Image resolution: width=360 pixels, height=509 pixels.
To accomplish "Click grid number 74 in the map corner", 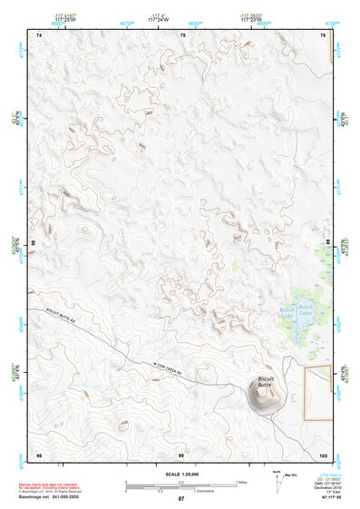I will pyautogui.click(x=39, y=34).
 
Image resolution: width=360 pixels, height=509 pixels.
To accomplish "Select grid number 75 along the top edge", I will pyautogui.click(x=182, y=34).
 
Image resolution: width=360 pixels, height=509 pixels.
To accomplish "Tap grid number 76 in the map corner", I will pyautogui.click(x=324, y=34).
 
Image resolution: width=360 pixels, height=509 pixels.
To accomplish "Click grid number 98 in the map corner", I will pyautogui.click(x=39, y=453).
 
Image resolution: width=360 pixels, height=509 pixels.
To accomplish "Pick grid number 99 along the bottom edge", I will pyautogui.click(x=180, y=453).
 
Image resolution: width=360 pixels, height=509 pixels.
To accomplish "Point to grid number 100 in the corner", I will pyautogui.click(x=322, y=453).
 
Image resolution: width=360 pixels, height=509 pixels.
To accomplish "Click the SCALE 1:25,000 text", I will pyautogui.click(x=180, y=474).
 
